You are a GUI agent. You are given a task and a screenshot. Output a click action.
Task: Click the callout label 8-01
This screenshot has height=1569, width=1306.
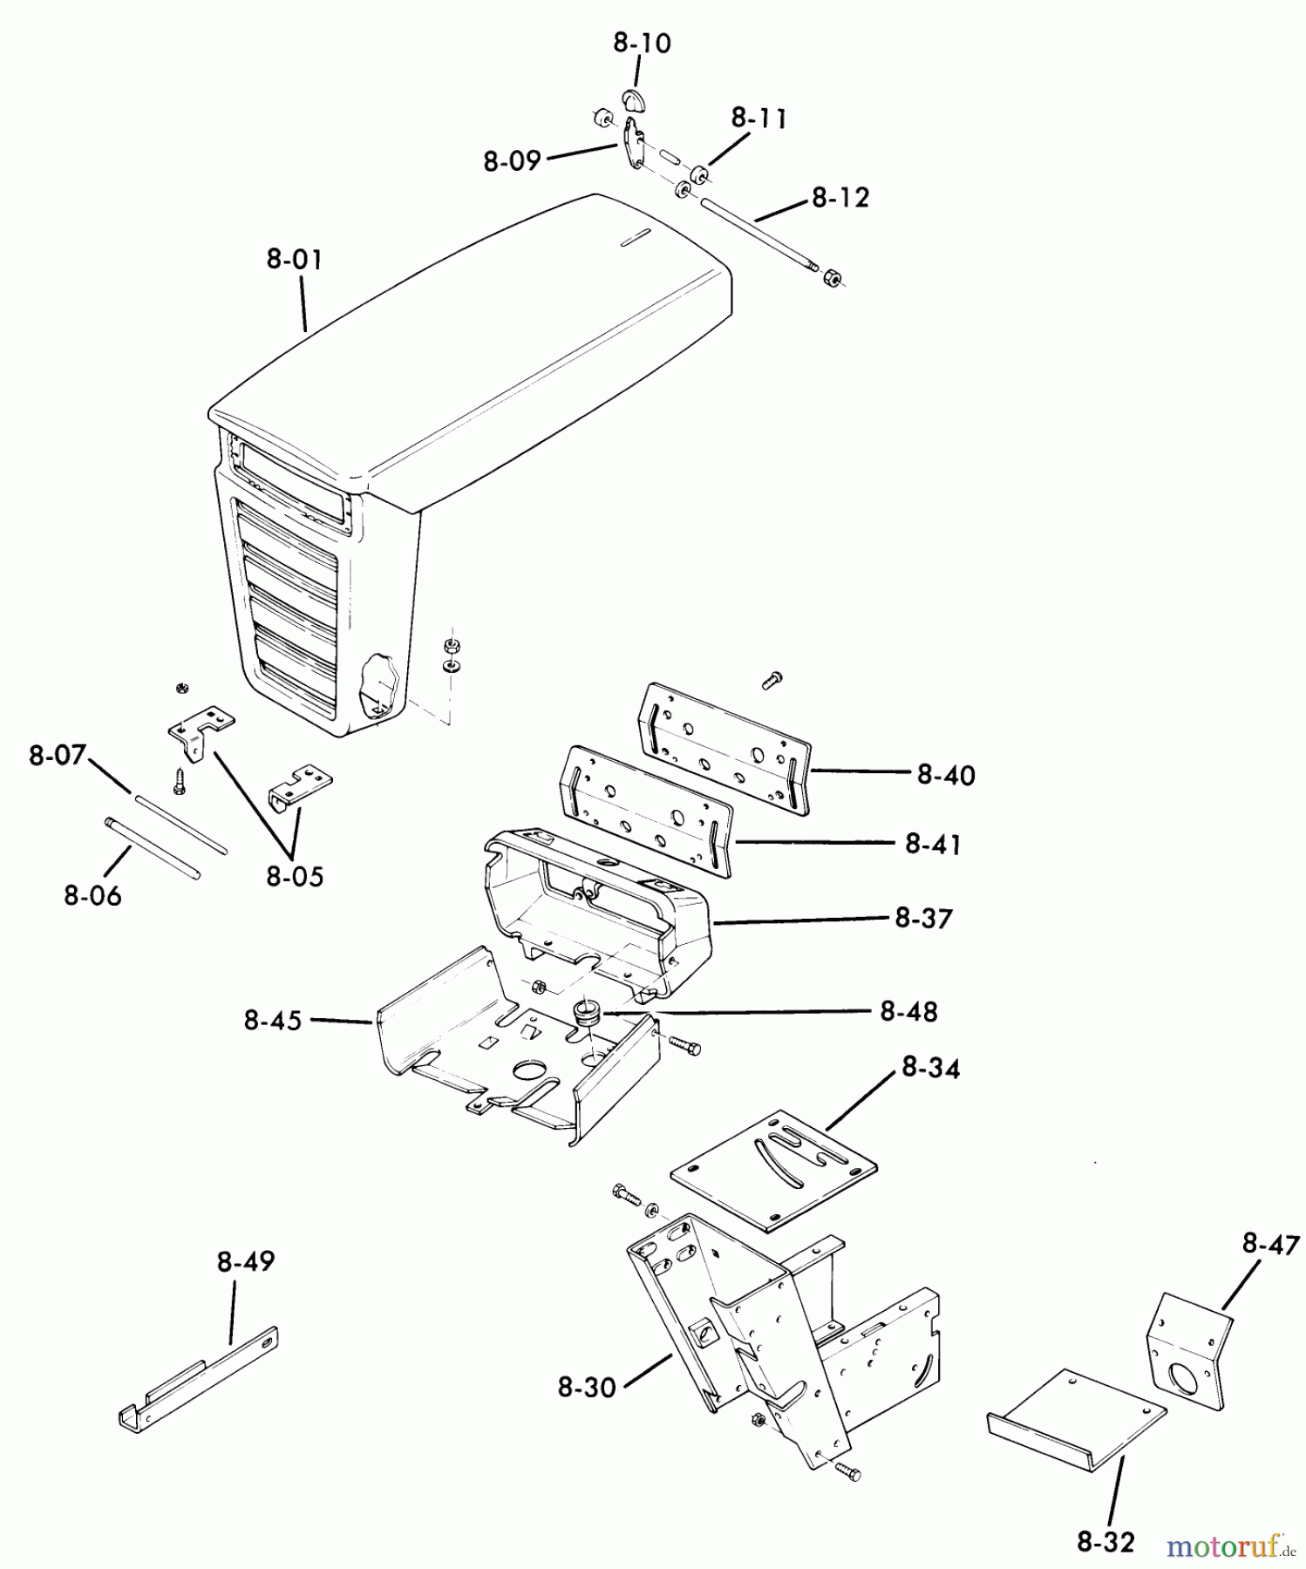click(294, 260)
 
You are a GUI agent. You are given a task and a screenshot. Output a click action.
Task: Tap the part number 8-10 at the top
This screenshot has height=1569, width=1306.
click(642, 44)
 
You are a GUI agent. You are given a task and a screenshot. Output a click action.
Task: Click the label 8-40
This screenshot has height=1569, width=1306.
click(946, 775)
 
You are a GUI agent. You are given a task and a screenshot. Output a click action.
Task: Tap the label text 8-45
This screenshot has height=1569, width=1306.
click(273, 1021)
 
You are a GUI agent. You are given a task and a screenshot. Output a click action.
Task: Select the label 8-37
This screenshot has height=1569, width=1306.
click(923, 918)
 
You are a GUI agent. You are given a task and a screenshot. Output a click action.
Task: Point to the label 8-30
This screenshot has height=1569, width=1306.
click(587, 1387)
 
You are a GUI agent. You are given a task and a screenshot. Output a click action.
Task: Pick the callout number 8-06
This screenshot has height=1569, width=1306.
click(92, 895)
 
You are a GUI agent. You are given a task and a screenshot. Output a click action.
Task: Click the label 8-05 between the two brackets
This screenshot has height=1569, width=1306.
click(295, 876)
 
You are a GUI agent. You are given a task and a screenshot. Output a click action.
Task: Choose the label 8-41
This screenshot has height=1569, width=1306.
click(933, 844)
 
